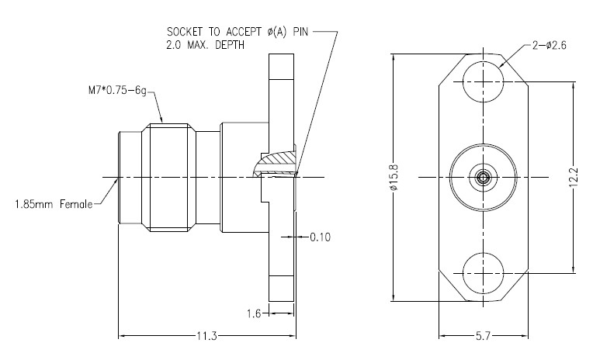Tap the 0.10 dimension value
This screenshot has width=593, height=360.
point(319,237)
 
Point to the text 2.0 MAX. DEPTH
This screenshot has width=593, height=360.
point(203,45)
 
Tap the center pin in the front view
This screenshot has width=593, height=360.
point(482,178)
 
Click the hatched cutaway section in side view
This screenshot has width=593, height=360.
point(278,161)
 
